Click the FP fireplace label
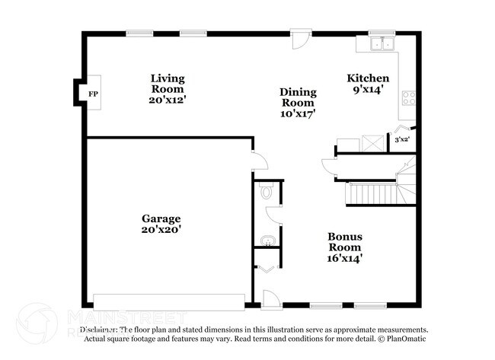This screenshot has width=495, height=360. coord(93,94)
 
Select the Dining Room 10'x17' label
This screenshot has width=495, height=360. coord(299,102)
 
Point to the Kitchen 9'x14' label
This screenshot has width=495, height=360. coord(368,84)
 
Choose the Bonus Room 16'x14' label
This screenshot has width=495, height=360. coord(344,247)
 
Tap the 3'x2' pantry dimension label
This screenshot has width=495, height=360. coord(401,140)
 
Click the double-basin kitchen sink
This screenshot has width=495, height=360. coord(381,44)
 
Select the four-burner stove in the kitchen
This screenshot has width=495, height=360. coord(410,97)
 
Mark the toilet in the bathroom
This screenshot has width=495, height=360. coord(267,193)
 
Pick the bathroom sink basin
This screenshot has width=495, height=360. coord(266,241)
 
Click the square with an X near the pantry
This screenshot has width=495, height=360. coord(373,142)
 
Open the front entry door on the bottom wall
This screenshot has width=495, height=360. coord(270,298)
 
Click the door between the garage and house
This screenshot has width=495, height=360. coord(259,160)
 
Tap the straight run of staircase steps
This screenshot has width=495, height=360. coord(372,194)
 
